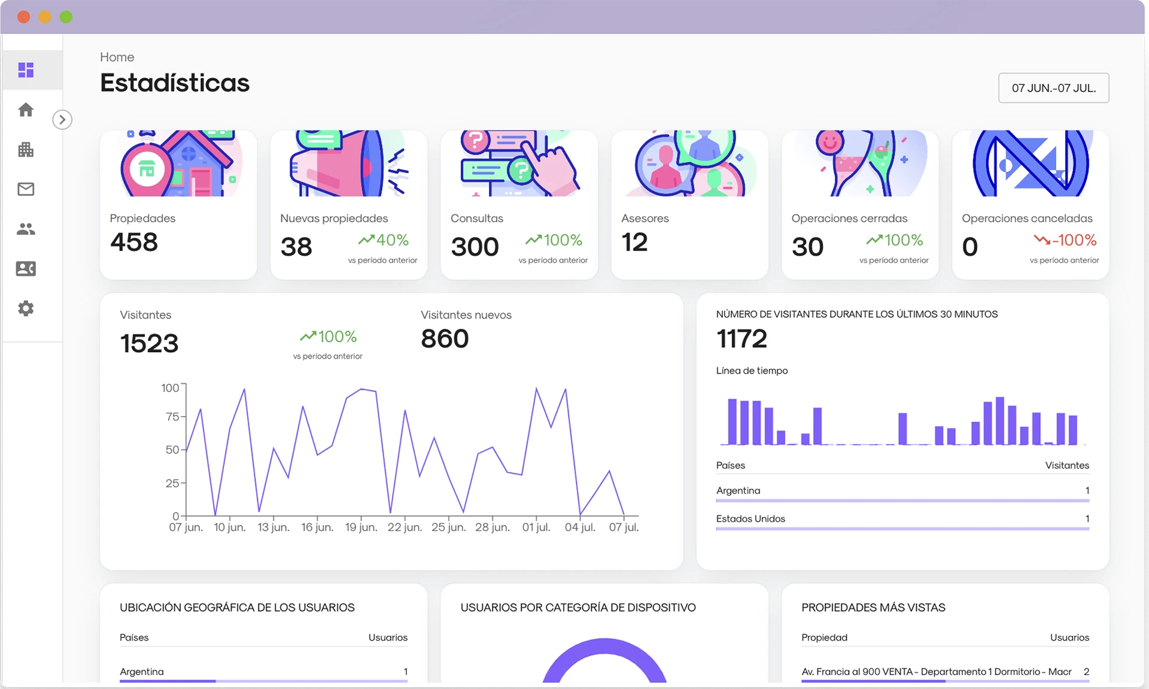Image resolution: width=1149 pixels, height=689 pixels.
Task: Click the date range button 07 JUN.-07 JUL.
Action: point(1053,88)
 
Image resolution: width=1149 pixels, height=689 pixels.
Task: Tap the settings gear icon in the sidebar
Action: point(26,309)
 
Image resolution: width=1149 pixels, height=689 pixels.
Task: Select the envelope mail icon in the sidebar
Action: point(26,189)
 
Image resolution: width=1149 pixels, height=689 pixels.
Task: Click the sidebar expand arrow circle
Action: point(62,120)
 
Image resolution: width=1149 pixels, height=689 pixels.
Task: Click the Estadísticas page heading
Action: point(175,83)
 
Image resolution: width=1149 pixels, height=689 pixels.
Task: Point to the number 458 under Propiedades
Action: point(134,242)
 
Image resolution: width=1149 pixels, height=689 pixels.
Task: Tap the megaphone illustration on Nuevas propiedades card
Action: point(347,165)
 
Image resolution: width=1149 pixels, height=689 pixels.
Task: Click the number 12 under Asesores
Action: point(634,242)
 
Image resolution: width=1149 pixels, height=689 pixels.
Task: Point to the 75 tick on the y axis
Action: point(172,417)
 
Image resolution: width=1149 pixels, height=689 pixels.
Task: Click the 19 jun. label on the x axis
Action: point(361,527)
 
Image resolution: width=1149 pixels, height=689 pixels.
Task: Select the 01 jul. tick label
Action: point(536,527)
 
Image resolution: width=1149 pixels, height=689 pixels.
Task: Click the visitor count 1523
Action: point(150,344)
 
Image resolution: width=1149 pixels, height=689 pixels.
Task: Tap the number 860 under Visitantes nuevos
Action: point(445,339)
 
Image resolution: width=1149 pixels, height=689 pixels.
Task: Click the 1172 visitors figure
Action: point(741,339)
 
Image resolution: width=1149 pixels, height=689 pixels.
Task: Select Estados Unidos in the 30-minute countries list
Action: point(750,519)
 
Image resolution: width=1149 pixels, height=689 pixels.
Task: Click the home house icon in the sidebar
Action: point(26,110)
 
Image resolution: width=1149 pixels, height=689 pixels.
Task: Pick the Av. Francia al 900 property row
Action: point(937,672)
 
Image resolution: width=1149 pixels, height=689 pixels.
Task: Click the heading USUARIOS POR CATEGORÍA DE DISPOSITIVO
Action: point(578,608)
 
